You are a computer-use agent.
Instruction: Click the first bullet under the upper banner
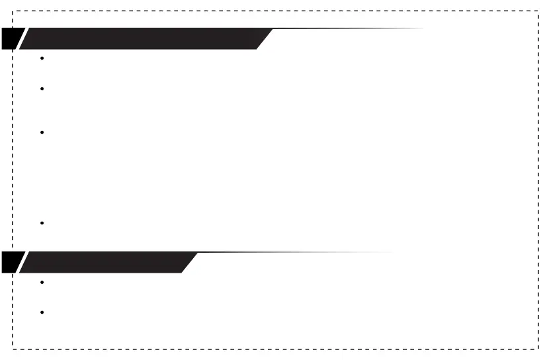(x=42, y=58)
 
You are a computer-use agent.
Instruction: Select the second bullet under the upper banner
(x=42, y=89)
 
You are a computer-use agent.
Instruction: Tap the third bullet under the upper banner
(x=42, y=132)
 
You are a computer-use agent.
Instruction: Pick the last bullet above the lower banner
(x=42, y=223)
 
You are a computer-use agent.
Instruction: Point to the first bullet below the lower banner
(x=42, y=282)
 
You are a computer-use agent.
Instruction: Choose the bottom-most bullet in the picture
(x=42, y=312)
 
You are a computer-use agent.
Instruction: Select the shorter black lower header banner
(x=106, y=262)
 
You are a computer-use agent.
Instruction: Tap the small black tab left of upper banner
(x=10, y=38)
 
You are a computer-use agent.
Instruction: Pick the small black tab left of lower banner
(x=10, y=262)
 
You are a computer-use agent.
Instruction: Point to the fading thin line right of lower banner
(x=298, y=252)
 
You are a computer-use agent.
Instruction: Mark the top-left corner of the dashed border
(x=13, y=11)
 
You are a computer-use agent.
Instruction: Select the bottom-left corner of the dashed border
(x=13, y=348)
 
